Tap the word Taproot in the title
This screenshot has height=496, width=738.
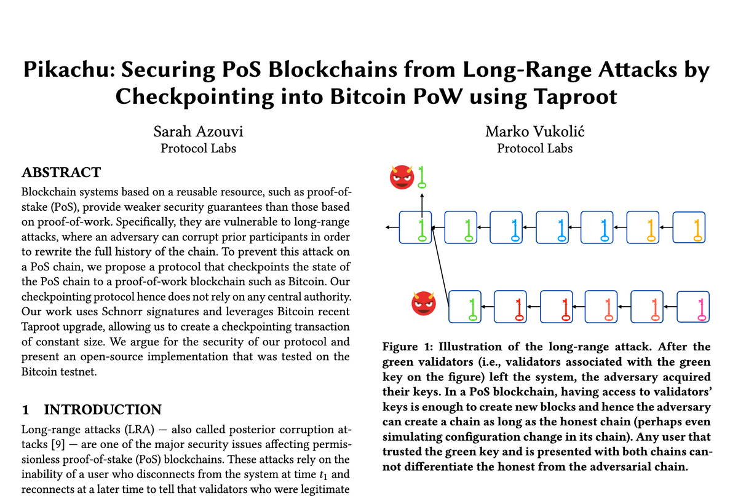tap(575, 97)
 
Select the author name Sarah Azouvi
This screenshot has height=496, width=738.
tap(198, 132)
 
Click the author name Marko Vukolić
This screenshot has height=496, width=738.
tap(534, 132)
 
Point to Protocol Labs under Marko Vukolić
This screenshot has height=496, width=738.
tap(534, 148)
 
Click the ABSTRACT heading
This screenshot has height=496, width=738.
tap(61, 172)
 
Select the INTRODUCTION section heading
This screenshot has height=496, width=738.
tap(103, 410)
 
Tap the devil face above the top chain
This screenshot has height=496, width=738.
tap(402, 177)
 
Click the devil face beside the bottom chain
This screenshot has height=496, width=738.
tap(424, 304)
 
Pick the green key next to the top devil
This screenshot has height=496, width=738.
tap(422, 177)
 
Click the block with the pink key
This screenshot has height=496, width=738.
tap(693, 307)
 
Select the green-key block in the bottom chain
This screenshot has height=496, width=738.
tap(465, 307)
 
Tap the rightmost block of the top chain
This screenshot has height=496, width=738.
tap(689, 227)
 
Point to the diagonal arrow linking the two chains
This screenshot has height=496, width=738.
tap(440, 267)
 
